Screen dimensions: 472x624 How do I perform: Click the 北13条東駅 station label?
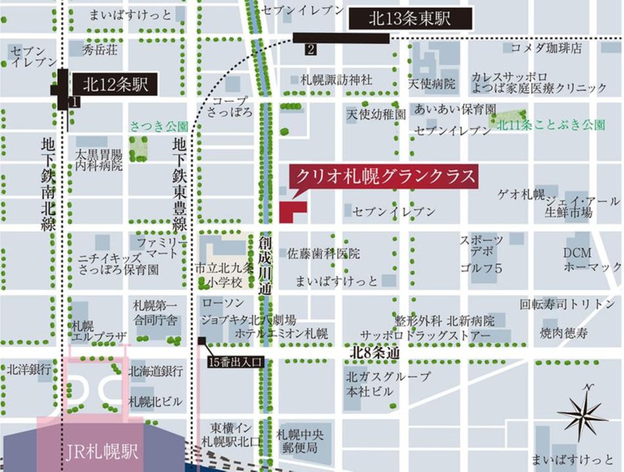tap(409, 19)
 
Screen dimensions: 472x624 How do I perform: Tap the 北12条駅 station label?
tap(115, 84)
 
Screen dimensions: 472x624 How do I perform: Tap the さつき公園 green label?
tap(159, 126)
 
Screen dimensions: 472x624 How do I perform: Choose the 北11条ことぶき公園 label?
tap(550, 125)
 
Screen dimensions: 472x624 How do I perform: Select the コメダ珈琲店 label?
tap(546, 48)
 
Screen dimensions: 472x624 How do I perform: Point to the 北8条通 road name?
tap(375, 353)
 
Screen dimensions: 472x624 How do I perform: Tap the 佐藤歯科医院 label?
tap(324, 253)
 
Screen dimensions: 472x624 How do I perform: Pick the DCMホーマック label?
tap(591, 260)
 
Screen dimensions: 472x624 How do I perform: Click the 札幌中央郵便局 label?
tap(301, 441)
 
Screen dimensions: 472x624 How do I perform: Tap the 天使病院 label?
tap(431, 84)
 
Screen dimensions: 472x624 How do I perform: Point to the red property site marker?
tap(290, 212)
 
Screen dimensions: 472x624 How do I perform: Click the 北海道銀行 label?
tap(156, 371)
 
